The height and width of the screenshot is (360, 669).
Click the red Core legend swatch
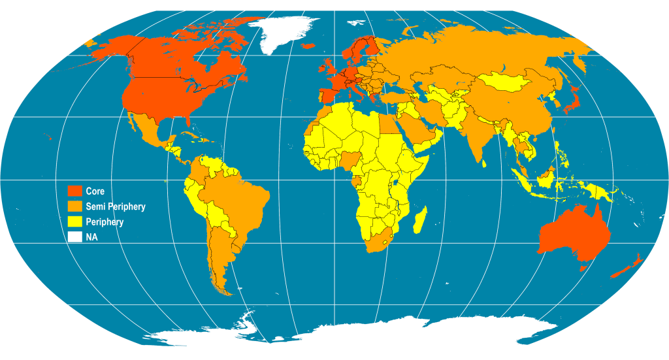(75, 191)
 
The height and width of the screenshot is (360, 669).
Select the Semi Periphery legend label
(116, 206)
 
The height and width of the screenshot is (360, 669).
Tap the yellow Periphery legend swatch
(75, 222)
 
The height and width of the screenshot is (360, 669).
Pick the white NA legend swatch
(75, 238)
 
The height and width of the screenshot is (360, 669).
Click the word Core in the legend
(95, 191)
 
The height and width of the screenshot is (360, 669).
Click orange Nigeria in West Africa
(349, 158)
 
